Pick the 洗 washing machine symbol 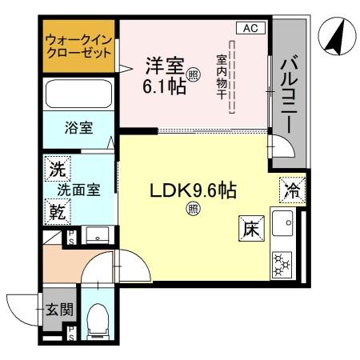[x=56, y=169]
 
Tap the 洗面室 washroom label [x=78, y=190]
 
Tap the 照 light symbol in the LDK [x=193, y=209]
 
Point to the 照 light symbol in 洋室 [x=193, y=76]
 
